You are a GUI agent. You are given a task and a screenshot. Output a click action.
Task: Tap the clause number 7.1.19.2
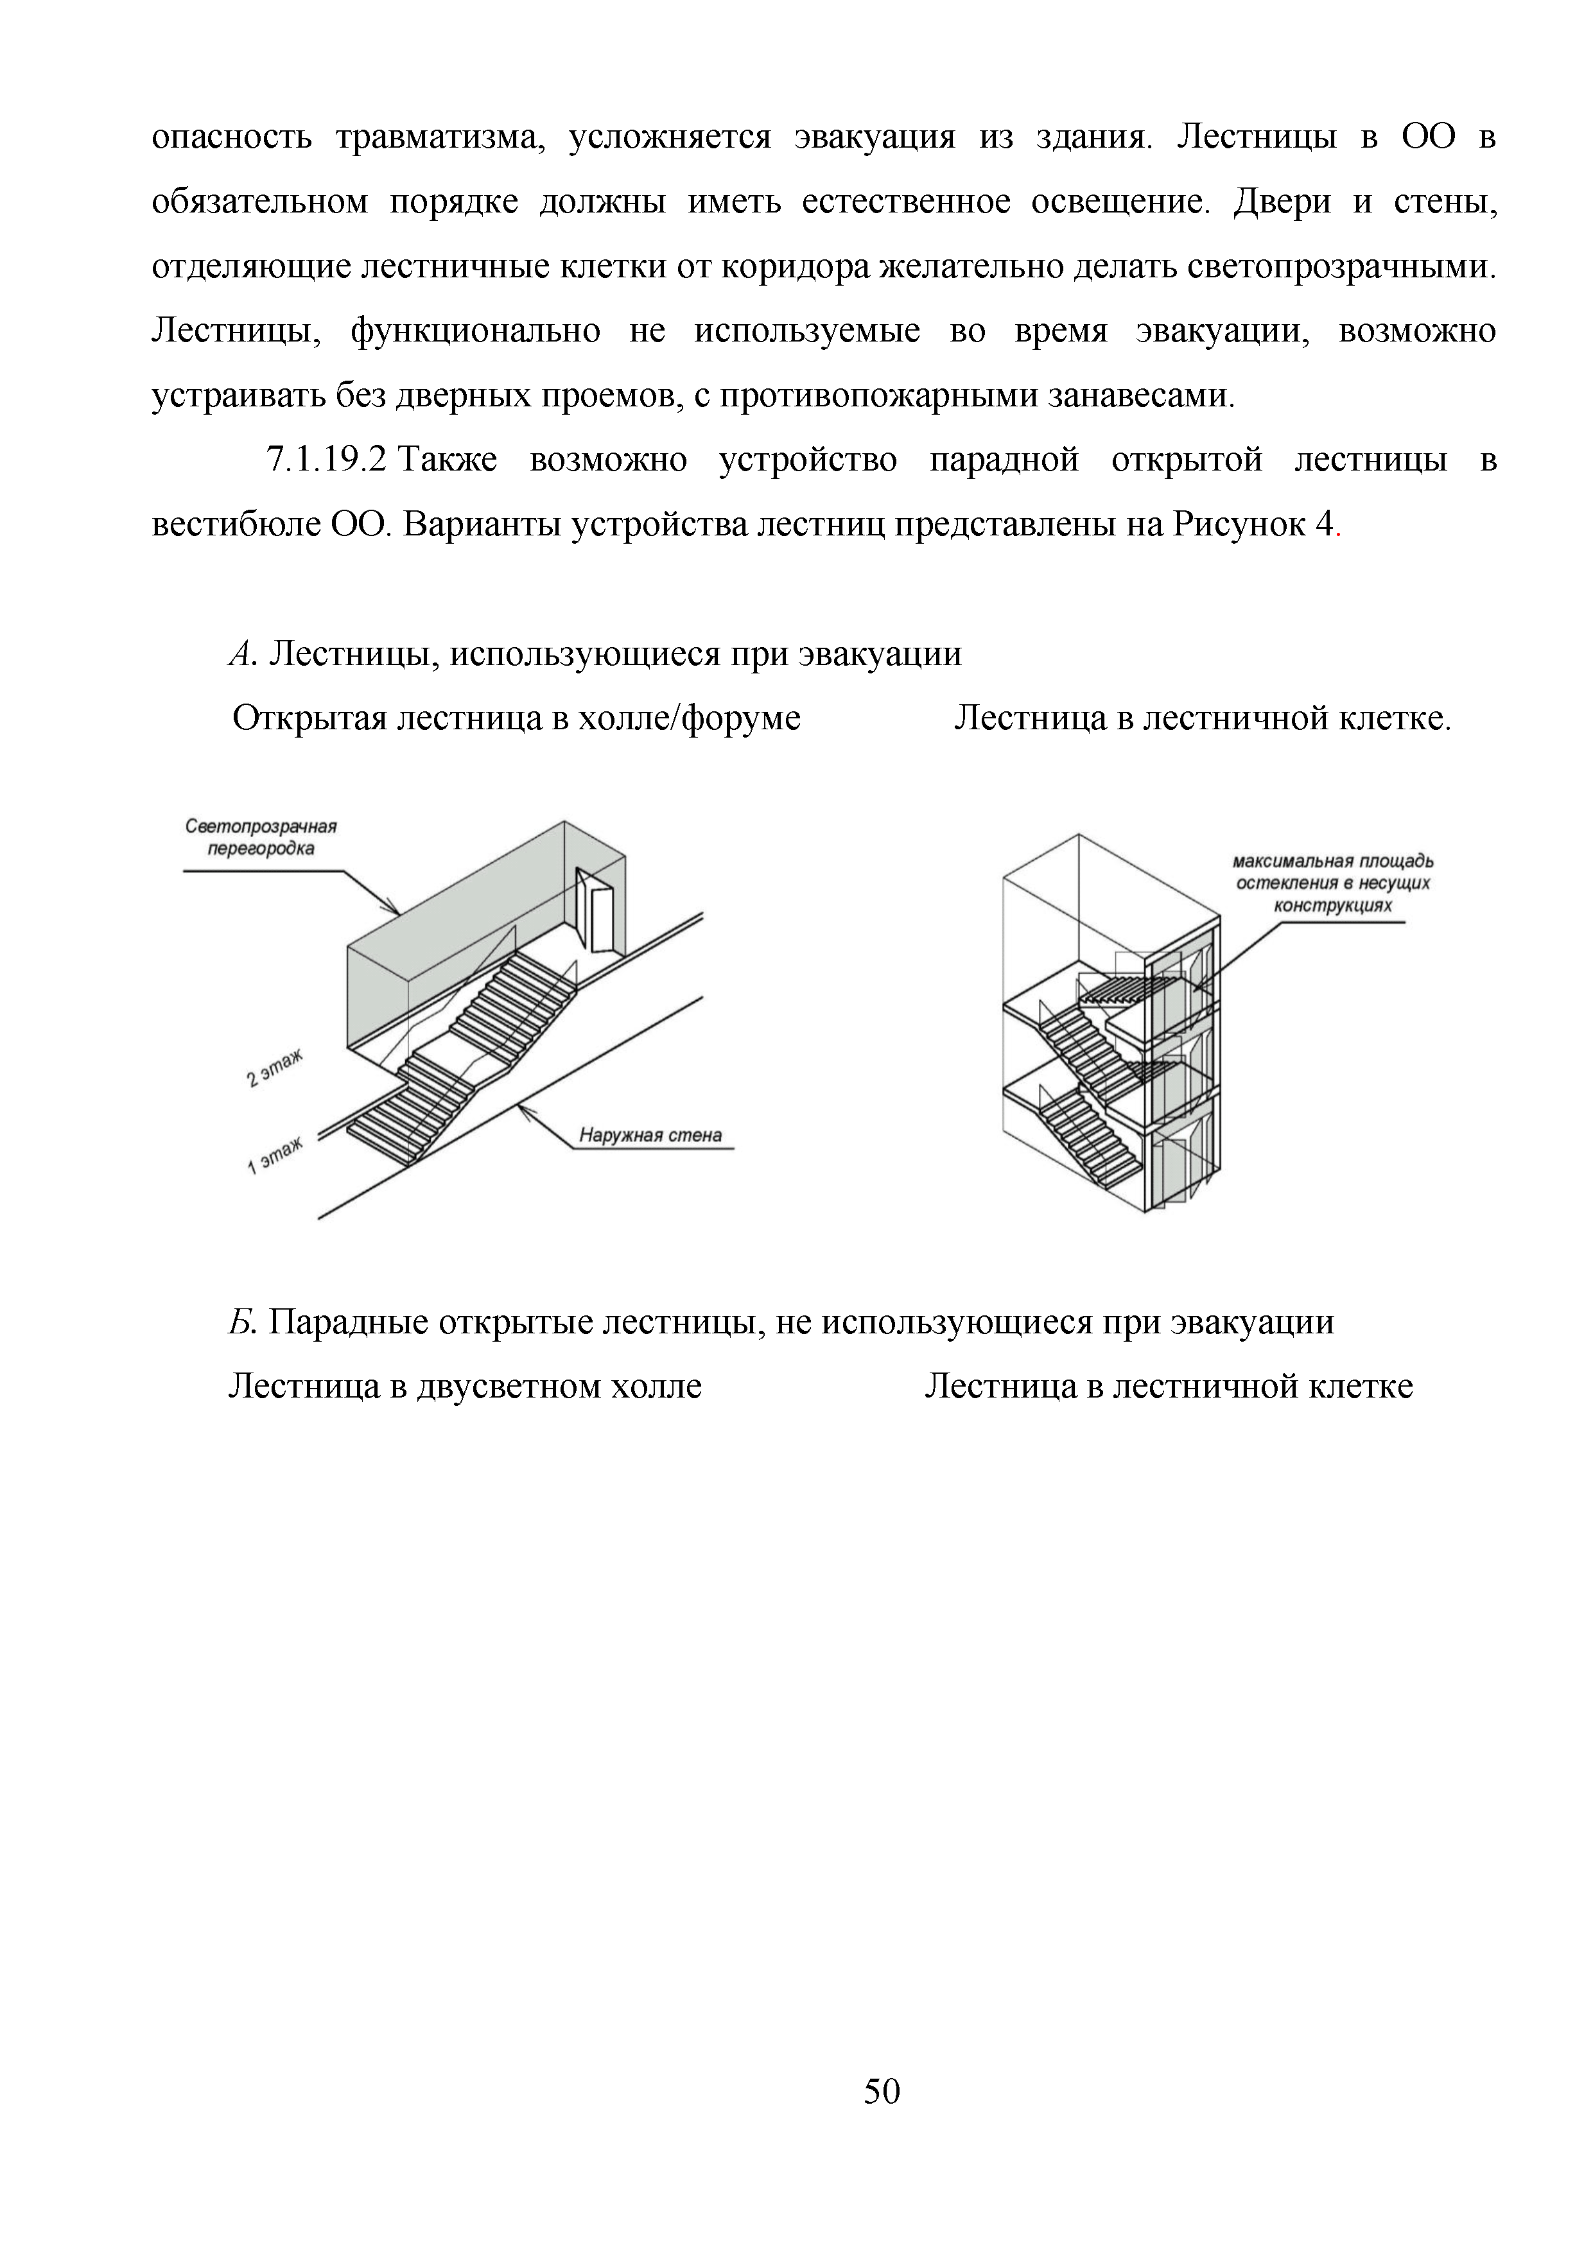[327, 460]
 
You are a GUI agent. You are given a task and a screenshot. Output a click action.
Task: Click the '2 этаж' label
[274, 1068]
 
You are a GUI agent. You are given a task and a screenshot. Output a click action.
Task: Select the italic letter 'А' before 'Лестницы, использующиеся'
[240, 654]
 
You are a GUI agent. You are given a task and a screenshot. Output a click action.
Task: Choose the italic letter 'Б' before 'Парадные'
[240, 1322]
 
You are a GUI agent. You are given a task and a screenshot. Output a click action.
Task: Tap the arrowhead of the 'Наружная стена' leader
[523, 1109]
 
